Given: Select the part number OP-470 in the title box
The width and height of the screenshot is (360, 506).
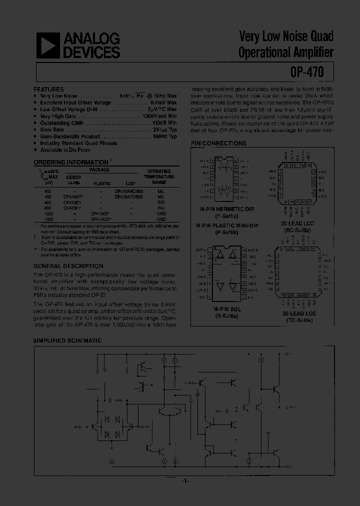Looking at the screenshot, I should (306, 72).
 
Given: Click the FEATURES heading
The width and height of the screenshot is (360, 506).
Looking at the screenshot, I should (48, 88).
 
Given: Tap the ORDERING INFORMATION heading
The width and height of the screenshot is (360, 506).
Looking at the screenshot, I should (70, 162).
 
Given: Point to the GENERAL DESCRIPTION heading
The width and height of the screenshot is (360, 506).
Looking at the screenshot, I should (68, 266).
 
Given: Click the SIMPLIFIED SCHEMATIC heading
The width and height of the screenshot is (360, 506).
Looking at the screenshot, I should (67, 340).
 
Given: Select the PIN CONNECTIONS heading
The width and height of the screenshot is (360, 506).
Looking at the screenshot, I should (218, 143).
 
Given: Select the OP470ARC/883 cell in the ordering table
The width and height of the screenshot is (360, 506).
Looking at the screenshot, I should (131, 191).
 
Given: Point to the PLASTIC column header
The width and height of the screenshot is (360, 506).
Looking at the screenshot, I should (102, 183).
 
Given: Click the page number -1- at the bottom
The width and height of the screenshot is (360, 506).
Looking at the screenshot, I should (183, 481).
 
